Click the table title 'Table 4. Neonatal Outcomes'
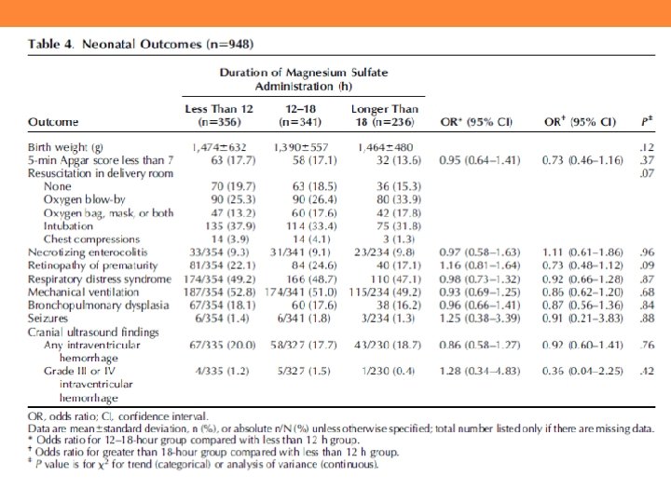(x=140, y=43)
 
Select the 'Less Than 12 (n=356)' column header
(x=220, y=116)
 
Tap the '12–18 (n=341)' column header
(x=301, y=116)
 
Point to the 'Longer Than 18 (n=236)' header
(x=384, y=116)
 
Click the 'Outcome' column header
(x=54, y=122)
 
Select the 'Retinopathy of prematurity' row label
(x=89, y=266)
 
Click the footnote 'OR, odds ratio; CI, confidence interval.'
(x=118, y=416)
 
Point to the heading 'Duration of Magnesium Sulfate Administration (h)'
(x=303, y=79)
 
